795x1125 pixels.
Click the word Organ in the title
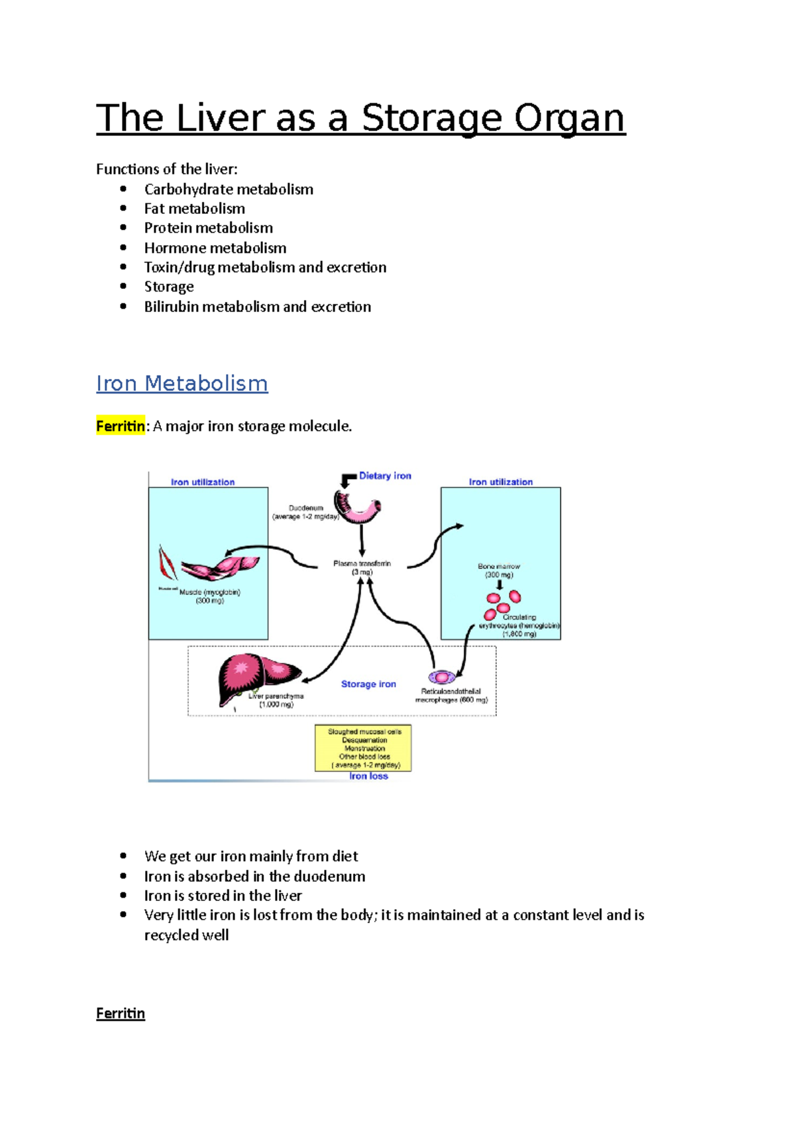pyautogui.click(x=569, y=119)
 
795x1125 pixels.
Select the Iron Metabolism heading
pyautogui.click(x=182, y=384)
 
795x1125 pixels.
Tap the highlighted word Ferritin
pyautogui.click(x=120, y=426)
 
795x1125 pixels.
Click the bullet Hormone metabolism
pyautogui.click(x=215, y=248)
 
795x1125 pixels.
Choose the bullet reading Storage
pyautogui.click(x=169, y=287)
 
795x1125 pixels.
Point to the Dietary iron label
pyautogui.click(x=385, y=476)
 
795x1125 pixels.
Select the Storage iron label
pyautogui.click(x=368, y=684)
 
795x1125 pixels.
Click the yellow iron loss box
pyautogui.click(x=363, y=748)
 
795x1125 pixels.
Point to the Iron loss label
pyautogui.click(x=368, y=777)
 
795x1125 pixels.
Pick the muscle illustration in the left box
pyautogui.click(x=219, y=566)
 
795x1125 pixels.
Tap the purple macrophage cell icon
pyautogui.click(x=441, y=677)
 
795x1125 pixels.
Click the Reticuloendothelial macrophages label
pyautogui.click(x=451, y=696)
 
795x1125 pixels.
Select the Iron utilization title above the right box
pyautogui.click(x=500, y=482)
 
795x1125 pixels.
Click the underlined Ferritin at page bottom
pyautogui.click(x=120, y=1014)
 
